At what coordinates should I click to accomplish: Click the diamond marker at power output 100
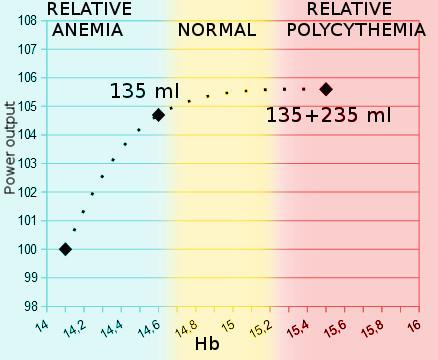click(66, 249)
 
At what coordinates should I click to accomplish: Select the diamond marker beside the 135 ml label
click(158, 115)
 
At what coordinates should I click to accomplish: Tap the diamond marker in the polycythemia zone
click(326, 89)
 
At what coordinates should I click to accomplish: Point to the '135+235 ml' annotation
click(328, 116)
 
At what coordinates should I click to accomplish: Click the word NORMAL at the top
click(217, 29)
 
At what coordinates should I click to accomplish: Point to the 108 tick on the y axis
click(27, 20)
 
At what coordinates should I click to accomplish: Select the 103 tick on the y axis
click(27, 163)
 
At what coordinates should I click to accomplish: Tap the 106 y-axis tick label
click(27, 77)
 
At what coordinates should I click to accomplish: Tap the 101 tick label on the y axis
click(27, 220)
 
